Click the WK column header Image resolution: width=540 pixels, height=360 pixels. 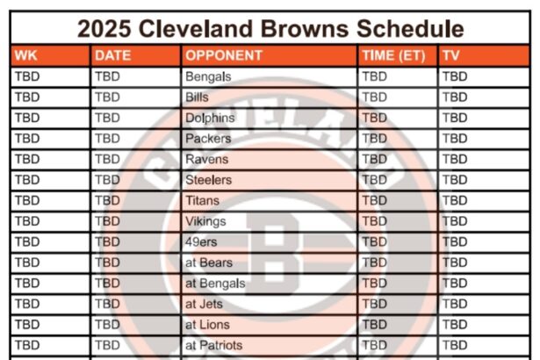25,55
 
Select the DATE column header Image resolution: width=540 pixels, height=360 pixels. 113,55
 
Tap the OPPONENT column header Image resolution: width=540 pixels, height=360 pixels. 224,55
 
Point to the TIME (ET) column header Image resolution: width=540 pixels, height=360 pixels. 394,56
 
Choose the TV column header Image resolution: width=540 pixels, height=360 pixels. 451,55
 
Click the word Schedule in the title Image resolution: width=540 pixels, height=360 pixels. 410,29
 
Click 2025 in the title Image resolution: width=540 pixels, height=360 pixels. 104,29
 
